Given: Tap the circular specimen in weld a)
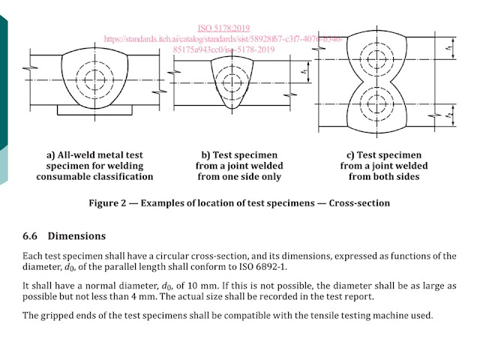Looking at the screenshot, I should click(95, 77).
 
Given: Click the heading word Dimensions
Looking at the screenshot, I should click(76, 235).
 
